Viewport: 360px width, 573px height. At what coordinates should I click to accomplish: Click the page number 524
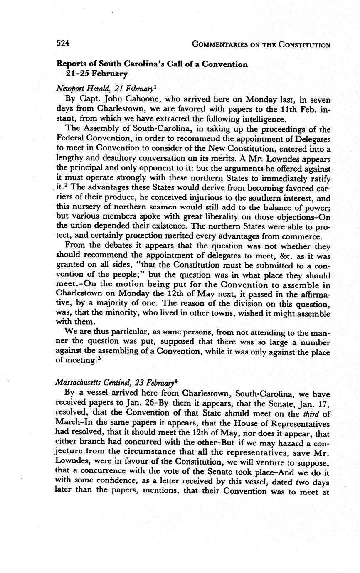tap(63, 44)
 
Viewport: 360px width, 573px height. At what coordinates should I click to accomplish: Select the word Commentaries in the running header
tap(223, 44)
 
